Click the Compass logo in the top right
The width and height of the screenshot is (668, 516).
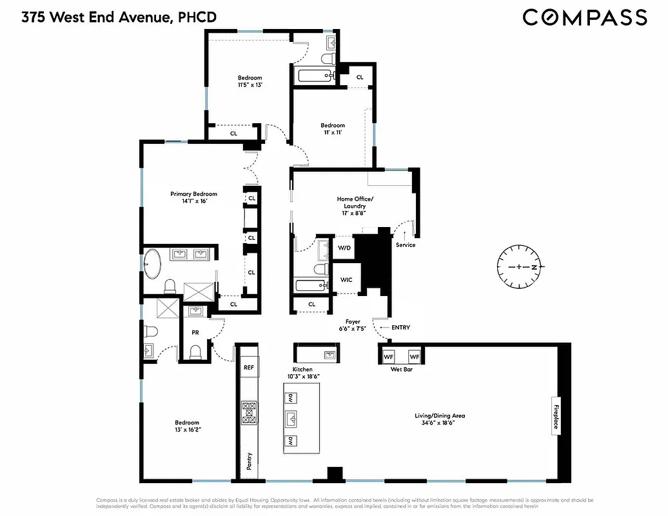click(584, 17)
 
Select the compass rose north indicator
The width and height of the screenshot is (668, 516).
click(520, 266)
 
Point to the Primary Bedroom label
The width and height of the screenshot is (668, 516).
click(193, 193)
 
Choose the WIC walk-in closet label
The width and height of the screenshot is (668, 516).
click(346, 280)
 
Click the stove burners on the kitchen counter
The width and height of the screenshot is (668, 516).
click(248, 413)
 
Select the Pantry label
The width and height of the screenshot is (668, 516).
click(249, 461)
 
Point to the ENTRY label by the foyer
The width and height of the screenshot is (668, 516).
click(400, 328)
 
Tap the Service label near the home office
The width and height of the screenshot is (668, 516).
click(406, 245)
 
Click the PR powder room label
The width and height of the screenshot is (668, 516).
click(195, 333)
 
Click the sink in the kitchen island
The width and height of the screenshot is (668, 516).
click(291, 417)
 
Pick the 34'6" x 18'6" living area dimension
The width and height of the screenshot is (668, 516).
click(439, 423)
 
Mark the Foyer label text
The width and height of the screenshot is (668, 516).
click(352, 321)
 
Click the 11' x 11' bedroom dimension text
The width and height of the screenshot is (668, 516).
click(333, 132)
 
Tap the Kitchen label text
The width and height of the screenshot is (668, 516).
click(302, 370)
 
